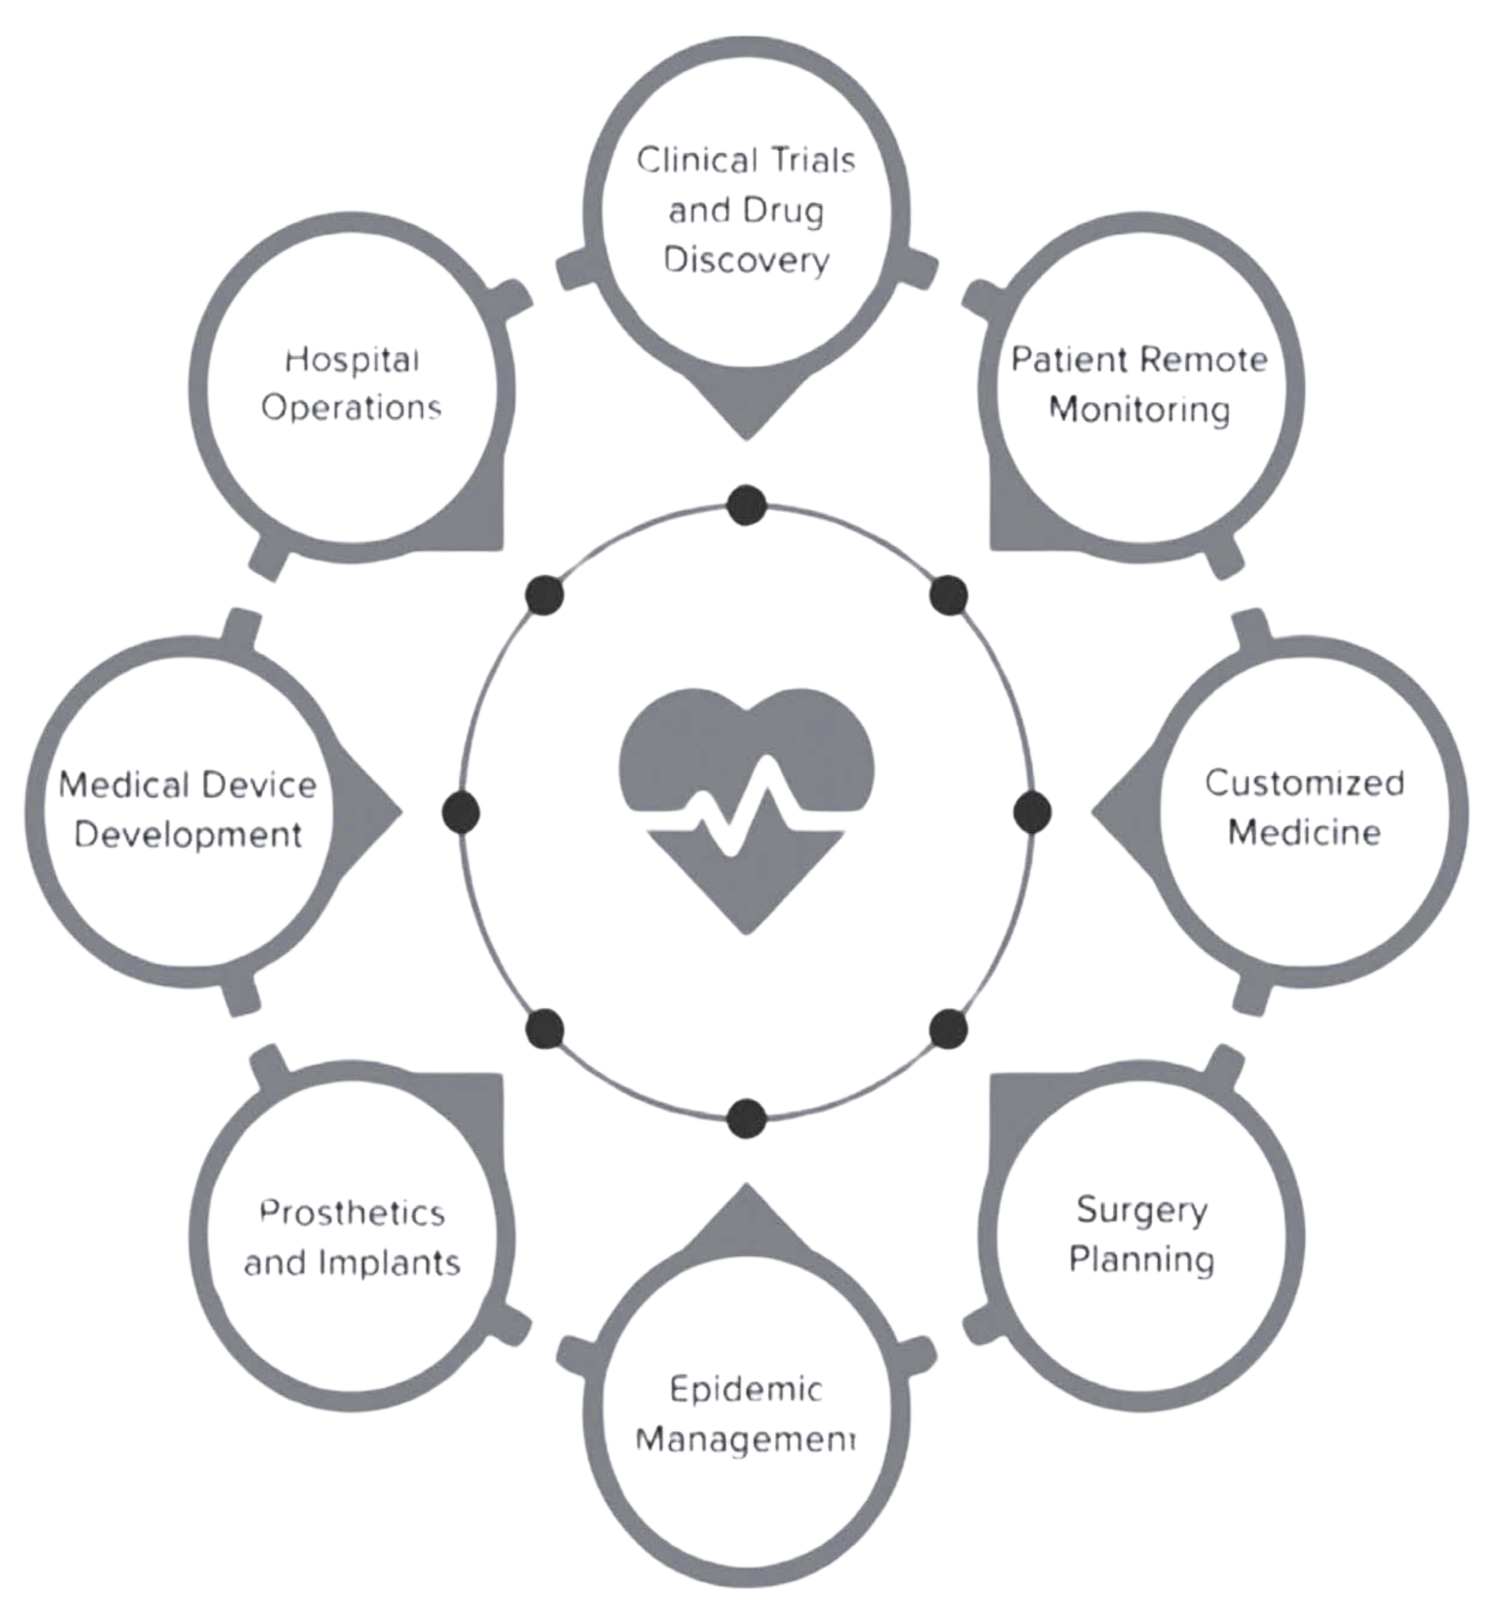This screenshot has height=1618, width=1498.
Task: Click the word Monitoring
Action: (x=1140, y=410)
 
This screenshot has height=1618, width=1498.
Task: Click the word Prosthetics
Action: (x=352, y=1213)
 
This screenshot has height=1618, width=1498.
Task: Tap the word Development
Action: (x=189, y=835)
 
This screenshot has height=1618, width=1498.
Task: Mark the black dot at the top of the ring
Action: (x=747, y=505)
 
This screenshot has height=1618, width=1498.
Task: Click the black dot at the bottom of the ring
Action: (x=747, y=1118)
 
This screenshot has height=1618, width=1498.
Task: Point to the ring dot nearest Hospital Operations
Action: (x=545, y=595)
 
